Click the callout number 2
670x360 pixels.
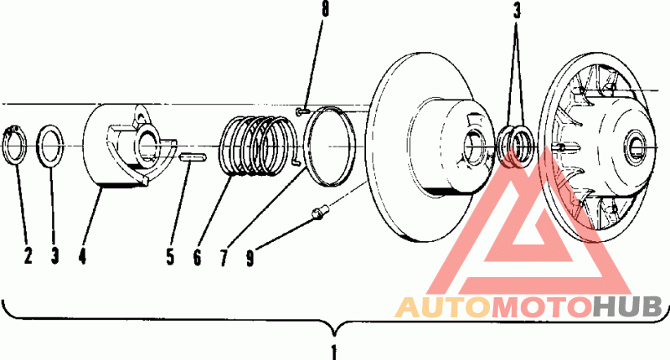tap(28, 255)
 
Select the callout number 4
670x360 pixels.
tap(82, 255)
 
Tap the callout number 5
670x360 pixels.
tap(170, 257)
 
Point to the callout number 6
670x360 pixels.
tap(197, 257)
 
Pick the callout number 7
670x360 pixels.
tap(224, 258)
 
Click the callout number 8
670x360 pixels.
tap(325, 9)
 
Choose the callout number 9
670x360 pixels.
tap(250, 258)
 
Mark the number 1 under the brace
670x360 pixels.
tap(334, 352)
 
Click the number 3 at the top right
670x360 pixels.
tap(517, 11)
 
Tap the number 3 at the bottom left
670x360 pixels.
tap(54, 255)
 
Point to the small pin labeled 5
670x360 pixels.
tap(193, 157)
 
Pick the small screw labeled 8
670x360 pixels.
tap(302, 111)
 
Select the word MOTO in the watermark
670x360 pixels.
tap(541, 307)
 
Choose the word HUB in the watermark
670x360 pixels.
tap(626, 307)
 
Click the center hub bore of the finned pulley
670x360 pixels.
tap(636, 147)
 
